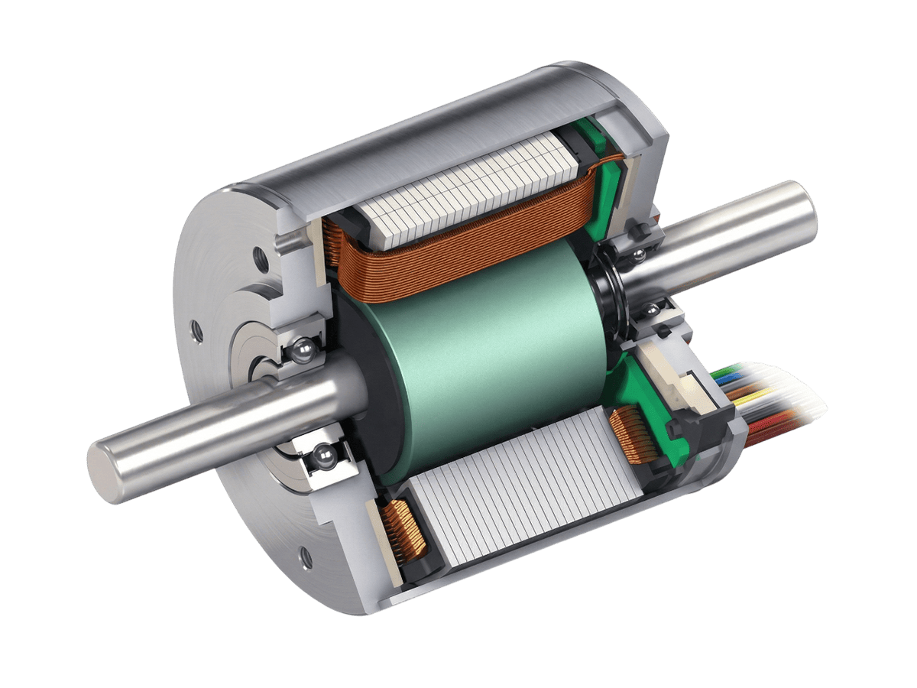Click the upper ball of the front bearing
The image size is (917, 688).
click(304, 351)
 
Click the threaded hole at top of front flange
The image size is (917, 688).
click(260, 256)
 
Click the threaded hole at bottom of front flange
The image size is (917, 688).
click(306, 556)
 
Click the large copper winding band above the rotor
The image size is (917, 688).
click(458, 245)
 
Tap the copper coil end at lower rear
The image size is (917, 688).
click(630, 436)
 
